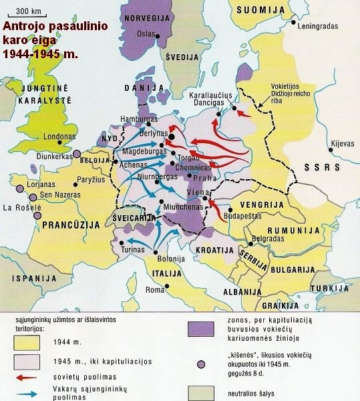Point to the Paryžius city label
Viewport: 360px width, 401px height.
(x=92, y=179)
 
